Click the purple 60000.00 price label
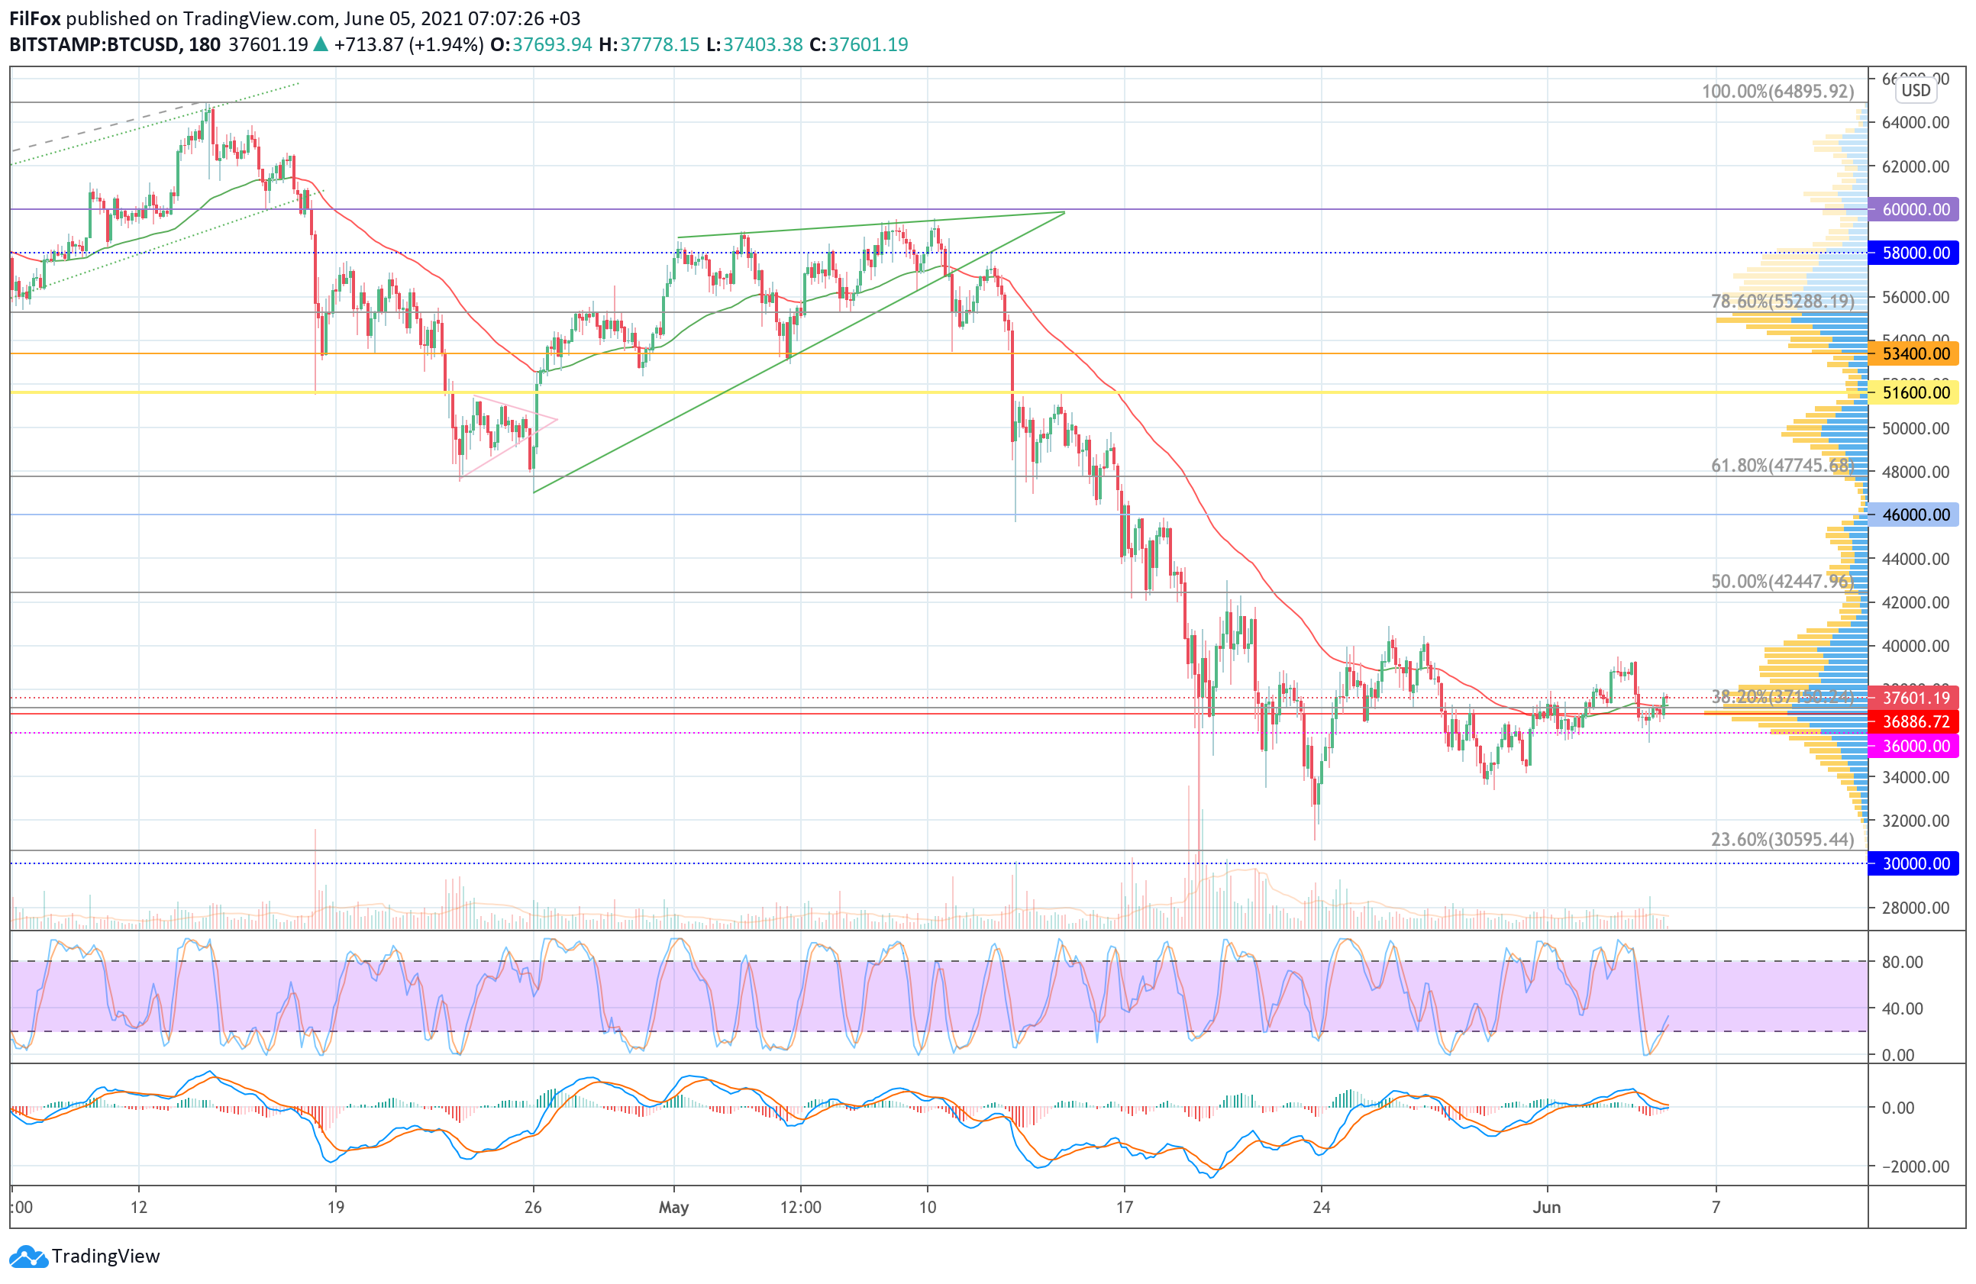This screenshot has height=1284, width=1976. click(x=1913, y=209)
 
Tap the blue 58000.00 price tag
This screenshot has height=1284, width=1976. click(x=1913, y=253)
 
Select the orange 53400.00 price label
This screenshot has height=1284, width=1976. click(x=1913, y=353)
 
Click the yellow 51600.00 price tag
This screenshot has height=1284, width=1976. click(x=1913, y=392)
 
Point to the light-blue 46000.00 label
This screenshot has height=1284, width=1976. click(x=1913, y=515)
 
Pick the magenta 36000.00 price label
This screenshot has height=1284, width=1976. click(x=1913, y=746)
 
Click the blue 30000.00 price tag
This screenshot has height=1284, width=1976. click(x=1913, y=863)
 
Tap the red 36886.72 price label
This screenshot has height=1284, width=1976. click(x=1913, y=722)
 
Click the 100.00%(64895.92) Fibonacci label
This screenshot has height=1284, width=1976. click(x=1777, y=92)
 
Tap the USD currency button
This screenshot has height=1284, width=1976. click(x=1916, y=91)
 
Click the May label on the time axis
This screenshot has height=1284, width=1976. click(x=673, y=1207)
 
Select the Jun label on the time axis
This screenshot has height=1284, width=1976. click(x=1546, y=1207)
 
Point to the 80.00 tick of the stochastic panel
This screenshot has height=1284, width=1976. click(x=1902, y=962)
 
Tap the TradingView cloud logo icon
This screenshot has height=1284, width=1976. click(x=28, y=1257)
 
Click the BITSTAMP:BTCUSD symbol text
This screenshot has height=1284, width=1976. click(x=94, y=45)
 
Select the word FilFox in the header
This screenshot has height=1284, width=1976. click(x=35, y=18)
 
